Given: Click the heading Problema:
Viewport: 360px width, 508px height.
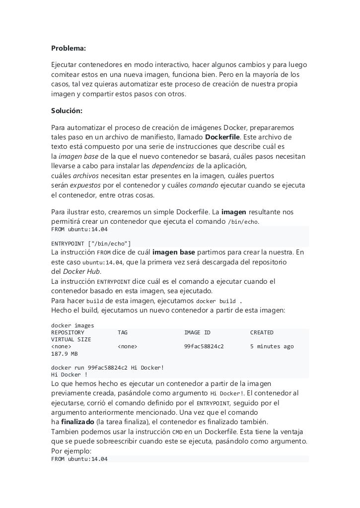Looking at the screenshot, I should (x=69, y=48).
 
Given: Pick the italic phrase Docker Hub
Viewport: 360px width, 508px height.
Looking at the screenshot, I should (x=82, y=271).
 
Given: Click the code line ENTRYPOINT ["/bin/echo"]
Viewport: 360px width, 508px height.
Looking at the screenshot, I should (x=91, y=244).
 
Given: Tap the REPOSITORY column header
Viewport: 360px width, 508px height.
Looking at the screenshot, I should (x=68, y=332).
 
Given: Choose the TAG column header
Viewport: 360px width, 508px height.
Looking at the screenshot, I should (x=123, y=332).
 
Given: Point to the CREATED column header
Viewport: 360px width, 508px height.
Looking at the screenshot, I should (x=262, y=332).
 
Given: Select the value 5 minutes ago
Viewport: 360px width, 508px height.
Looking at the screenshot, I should (x=272, y=346).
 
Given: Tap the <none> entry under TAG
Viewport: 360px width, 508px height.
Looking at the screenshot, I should (x=128, y=346).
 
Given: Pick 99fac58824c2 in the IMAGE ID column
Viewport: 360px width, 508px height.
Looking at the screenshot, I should (x=204, y=346).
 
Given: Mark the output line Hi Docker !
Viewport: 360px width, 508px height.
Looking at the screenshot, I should (x=70, y=375).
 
